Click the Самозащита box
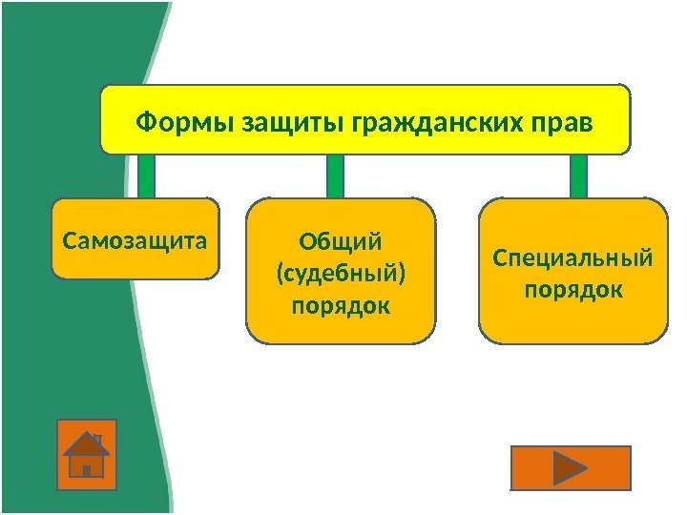click(x=135, y=238)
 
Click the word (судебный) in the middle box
click(x=340, y=274)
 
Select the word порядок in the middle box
click(x=340, y=306)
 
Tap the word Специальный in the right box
click(x=572, y=257)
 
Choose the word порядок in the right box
click(x=572, y=288)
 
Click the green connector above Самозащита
click(x=146, y=176)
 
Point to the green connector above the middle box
click(x=335, y=176)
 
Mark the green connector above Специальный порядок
click(x=578, y=176)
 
